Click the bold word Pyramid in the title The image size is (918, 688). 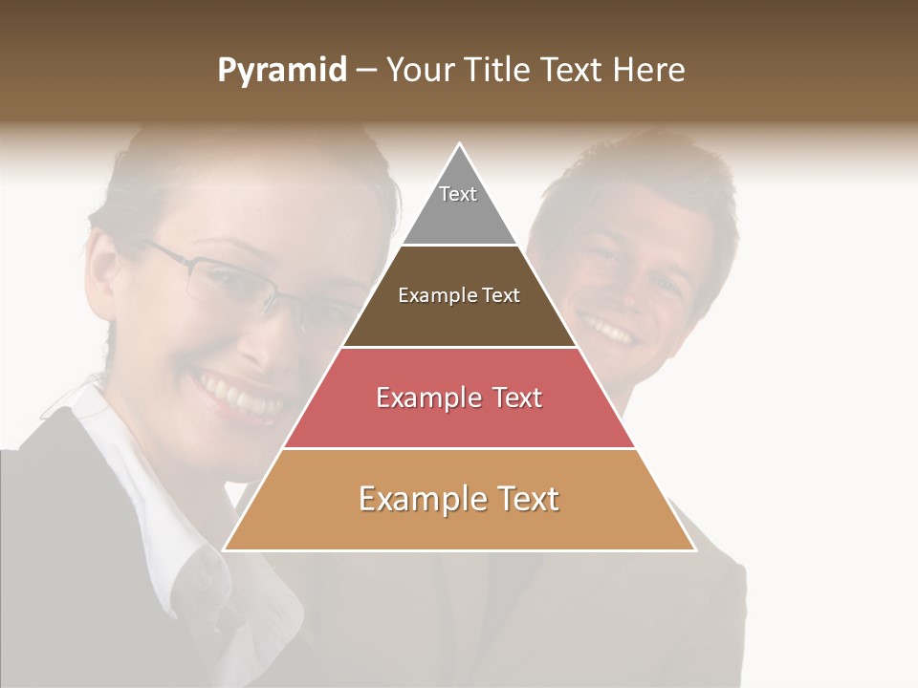tap(281, 71)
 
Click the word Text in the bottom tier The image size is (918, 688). tap(522, 499)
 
